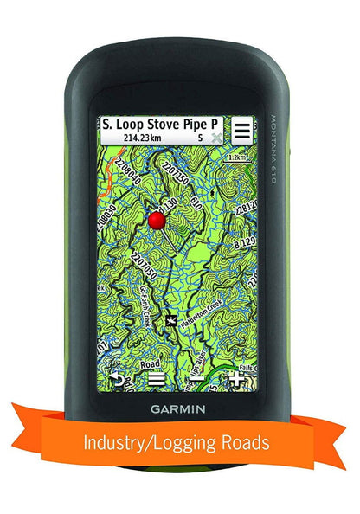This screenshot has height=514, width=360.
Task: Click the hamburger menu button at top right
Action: coord(241,131)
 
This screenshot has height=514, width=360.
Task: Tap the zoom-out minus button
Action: coord(197,378)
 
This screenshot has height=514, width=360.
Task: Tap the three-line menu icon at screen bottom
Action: coord(157,378)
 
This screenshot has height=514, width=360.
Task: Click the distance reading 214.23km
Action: coord(141,138)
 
